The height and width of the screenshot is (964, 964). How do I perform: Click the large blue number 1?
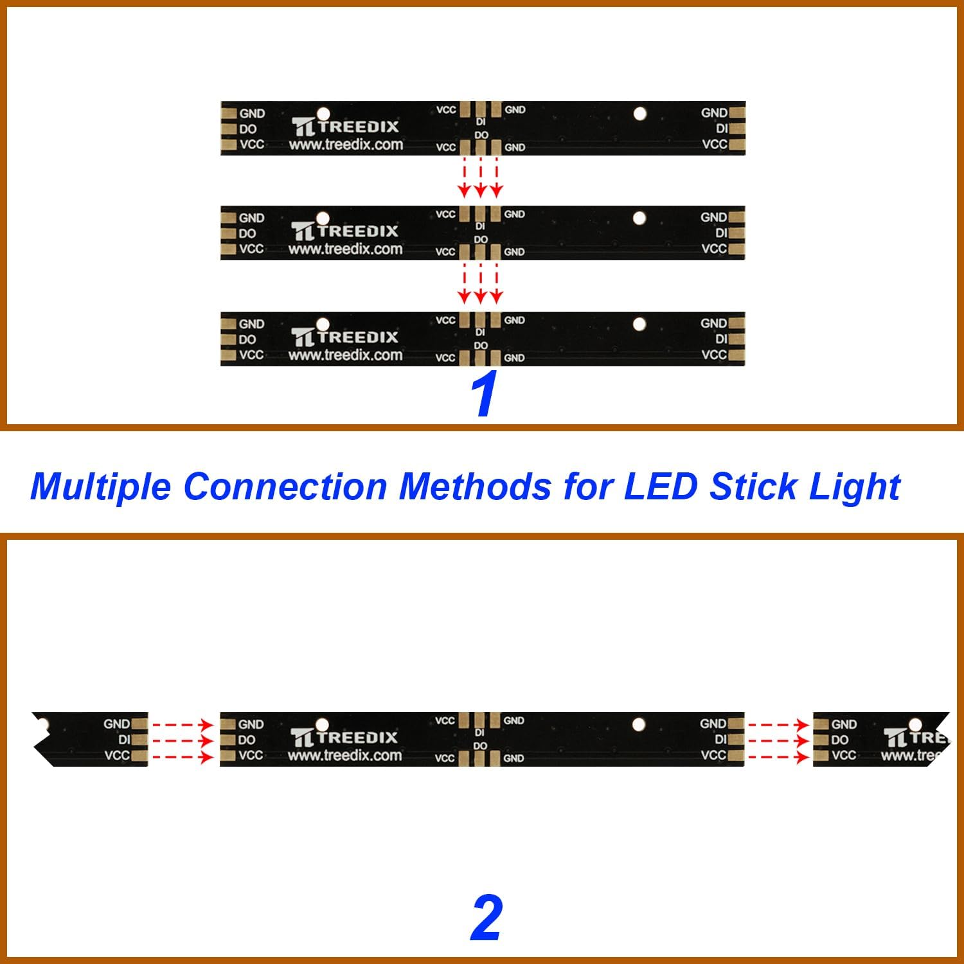tap(484, 394)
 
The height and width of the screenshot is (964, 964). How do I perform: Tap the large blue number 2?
tap(486, 918)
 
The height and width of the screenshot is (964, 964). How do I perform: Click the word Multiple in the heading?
tap(100, 487)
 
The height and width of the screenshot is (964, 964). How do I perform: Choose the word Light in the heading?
tap(855, 487)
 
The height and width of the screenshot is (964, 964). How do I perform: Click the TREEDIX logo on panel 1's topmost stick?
tap(345, 127)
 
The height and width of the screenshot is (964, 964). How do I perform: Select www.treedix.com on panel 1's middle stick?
tap(345, 249)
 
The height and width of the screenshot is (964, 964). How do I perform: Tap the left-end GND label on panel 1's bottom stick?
tap(251, 324)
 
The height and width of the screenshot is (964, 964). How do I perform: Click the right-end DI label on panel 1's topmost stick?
tap(722, 129)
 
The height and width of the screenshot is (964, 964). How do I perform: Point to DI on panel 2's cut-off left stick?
tap(124, 740)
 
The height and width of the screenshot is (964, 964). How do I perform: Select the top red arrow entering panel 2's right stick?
tap(778, 725)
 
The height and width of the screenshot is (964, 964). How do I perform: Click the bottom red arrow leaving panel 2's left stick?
tap(183, 757)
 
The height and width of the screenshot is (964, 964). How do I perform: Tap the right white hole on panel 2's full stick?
tap(639, 725)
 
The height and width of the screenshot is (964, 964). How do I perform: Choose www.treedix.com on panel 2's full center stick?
tap(344, 756)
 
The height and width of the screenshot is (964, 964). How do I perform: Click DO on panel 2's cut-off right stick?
tap(840, 740)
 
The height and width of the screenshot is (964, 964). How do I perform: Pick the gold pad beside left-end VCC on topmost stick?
tap(228, 145)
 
